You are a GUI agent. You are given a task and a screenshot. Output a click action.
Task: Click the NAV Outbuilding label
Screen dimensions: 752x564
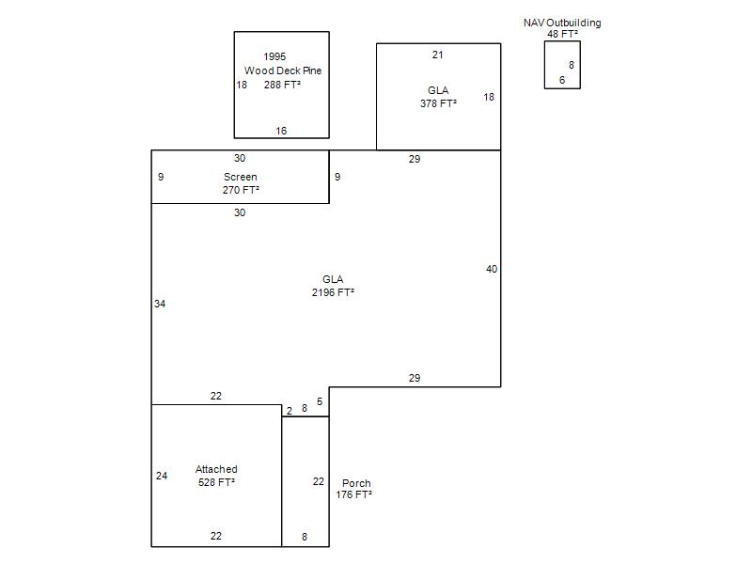562,23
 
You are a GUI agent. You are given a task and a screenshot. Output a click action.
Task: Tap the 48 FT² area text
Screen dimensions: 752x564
562,34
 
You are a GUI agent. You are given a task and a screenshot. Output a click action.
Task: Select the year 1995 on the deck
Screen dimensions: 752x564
274,56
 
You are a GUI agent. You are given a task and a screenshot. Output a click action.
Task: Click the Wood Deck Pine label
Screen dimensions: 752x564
283,70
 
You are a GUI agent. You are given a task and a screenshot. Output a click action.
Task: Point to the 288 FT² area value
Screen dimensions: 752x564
283,85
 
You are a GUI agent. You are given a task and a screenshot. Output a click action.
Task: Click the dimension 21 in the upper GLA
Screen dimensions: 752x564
437,55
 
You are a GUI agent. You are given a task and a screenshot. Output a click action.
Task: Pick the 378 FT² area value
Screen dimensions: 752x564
438,103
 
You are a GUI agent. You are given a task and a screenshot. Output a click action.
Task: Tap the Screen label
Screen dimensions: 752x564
241,177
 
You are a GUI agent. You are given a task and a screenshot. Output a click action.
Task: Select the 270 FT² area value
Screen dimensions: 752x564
241,191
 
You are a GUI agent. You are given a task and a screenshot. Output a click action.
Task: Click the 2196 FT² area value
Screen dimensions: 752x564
334,292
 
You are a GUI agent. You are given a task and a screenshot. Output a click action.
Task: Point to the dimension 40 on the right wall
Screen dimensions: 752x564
492,270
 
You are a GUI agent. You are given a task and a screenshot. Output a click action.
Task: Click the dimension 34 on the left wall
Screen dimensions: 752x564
160,304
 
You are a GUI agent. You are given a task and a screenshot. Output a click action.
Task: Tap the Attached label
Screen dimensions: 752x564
216,469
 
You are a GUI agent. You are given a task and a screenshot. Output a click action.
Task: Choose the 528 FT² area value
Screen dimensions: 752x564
217,482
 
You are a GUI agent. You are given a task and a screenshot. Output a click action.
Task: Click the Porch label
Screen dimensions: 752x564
356,483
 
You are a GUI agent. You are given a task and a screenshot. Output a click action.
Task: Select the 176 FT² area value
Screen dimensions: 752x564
354,495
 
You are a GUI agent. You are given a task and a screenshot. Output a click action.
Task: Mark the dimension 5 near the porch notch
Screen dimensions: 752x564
320,402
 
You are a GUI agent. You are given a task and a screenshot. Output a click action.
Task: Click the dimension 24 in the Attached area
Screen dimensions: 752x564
162,477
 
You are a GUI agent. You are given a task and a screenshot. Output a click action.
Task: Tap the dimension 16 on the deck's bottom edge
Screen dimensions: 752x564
281,131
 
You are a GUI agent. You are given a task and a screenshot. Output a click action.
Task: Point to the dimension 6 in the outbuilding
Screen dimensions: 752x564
562,80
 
